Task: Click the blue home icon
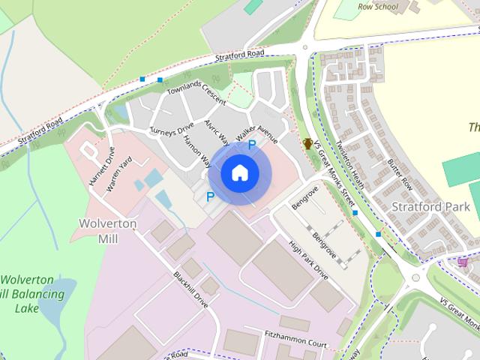(x=239, y=172)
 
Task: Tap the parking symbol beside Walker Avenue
(x=252, y=145)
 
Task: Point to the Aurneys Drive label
(x=172, y=129)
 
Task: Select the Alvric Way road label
(x=217, y=131)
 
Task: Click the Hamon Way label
(x=197, y=150)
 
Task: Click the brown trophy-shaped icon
(x=307, y=143)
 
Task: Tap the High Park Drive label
(x=308, y=260)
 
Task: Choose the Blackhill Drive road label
(x=190, y=289)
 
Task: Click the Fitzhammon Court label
(x=296, y=337)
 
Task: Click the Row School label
(x=377, y=7)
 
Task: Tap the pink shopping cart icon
(x=463, y=262)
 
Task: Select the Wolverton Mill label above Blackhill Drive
(x=108, y=231)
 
